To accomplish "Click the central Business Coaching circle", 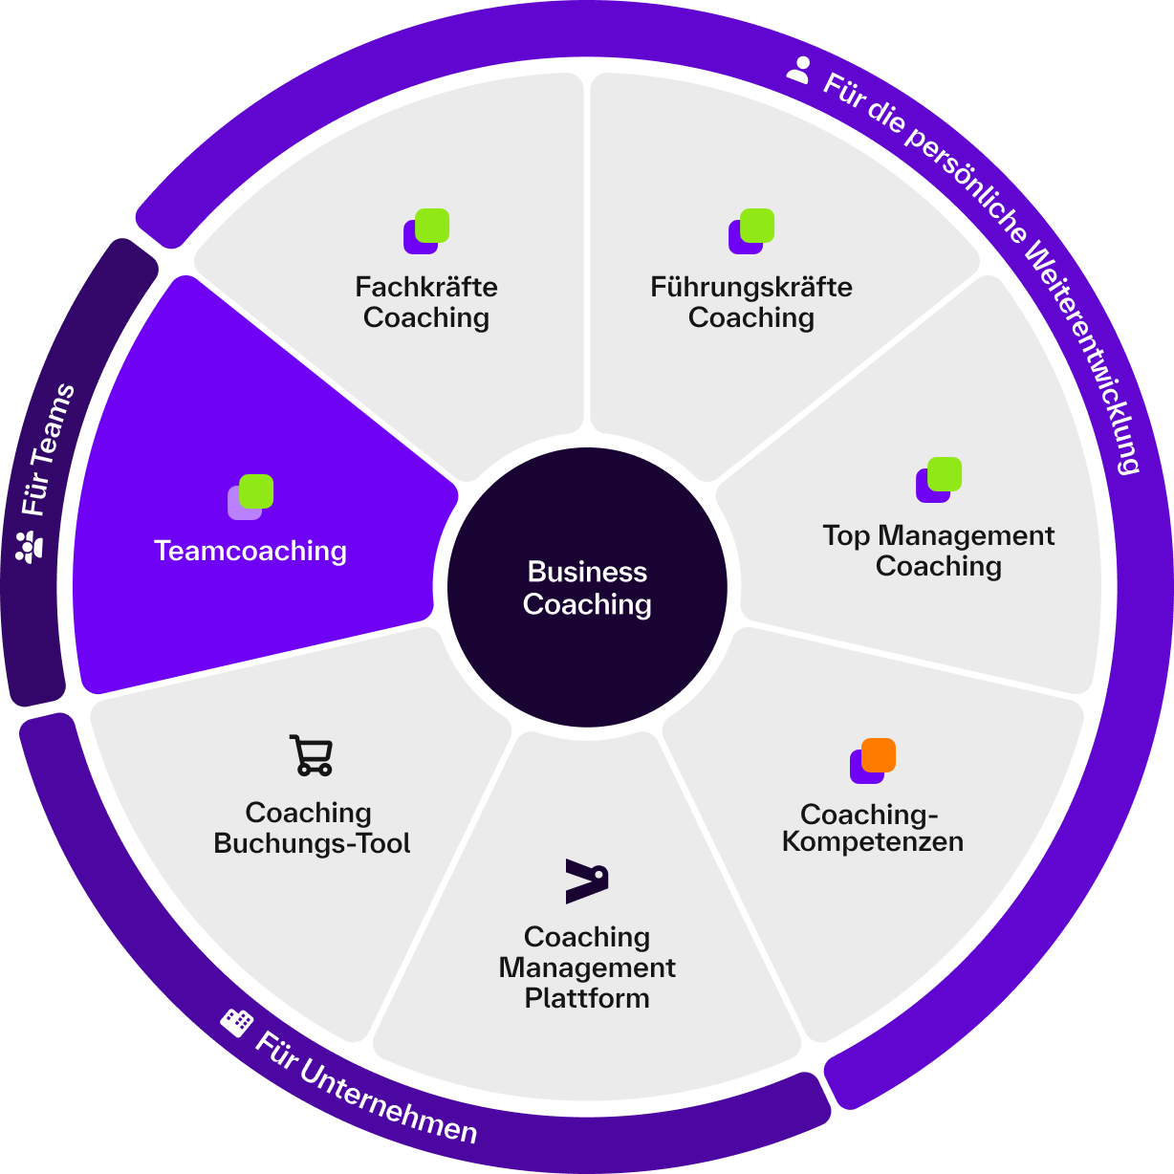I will pyautogui.click(x=587, y=587).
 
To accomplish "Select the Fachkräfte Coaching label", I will pyautogui.click(x=426, y=302).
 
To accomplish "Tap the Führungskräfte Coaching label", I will pyautogui.click(x=751, y=302).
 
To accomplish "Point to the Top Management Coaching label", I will pyautogui.click(x=938, y=551).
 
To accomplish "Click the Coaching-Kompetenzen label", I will pyautogui.click(x=872, y=828).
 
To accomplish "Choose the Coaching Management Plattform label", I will pyautogui.click(x=587, y=967).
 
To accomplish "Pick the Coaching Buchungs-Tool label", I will pyautogui.click(x=311, y=828).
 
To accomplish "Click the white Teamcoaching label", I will pyautogui.click(x=250, y=551).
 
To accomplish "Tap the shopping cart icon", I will pyautogui.click(x=311, y=755).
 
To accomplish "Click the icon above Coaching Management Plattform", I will pyautogui.click(x=587, y=880).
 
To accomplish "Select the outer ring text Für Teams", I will pyautogui.click(x=48, y=449).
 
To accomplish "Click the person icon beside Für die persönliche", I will pyautogui.click(x=798, y=69).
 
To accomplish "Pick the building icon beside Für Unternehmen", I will pyautogui.click(x=235, y=1021).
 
